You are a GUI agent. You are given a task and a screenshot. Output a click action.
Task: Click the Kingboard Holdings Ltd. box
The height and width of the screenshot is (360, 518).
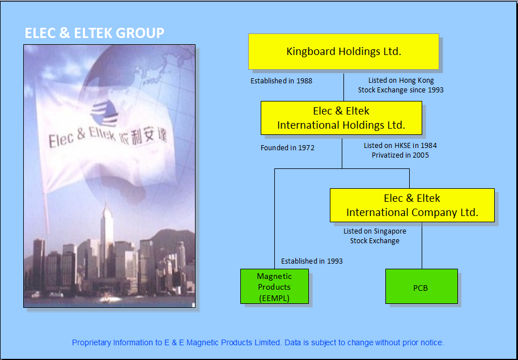click(343, 52)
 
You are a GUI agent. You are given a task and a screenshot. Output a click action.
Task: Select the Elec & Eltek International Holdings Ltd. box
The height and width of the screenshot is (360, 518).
click(341, 118)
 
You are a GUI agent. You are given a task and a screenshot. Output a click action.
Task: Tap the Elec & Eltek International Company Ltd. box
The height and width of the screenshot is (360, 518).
click(412, 205)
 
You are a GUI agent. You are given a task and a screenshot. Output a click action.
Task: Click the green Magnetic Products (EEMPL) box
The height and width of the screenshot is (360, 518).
click(274, 286)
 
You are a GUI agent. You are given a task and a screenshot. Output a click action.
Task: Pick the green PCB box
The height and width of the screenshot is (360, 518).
click(422, 286)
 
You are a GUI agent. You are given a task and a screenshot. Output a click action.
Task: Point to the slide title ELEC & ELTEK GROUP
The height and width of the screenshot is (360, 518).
click(95, 33)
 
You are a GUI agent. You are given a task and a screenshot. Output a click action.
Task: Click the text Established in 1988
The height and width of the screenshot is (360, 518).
click(281, 81)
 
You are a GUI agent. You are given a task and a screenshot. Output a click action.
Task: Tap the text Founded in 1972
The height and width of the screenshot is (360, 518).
click(287, 148)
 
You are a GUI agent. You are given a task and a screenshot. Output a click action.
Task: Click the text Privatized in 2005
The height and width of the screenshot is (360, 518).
click(400, 155)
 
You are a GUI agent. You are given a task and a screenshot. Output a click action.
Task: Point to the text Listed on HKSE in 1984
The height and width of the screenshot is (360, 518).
click(400, 146)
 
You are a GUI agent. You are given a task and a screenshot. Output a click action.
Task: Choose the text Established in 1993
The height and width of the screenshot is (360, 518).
click(312, 261)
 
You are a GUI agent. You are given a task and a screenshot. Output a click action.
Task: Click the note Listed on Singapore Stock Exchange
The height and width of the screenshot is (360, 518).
click(375, 236)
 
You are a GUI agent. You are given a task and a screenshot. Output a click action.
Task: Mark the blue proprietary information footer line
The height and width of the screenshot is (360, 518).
click(258, 343)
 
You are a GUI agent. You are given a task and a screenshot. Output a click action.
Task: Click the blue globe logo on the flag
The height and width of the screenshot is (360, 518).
click(104, 113)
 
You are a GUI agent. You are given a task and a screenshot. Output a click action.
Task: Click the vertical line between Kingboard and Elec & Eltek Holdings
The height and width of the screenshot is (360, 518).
click(343, 85)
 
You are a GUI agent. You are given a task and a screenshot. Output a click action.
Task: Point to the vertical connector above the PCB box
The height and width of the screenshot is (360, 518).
click(422, 245)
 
